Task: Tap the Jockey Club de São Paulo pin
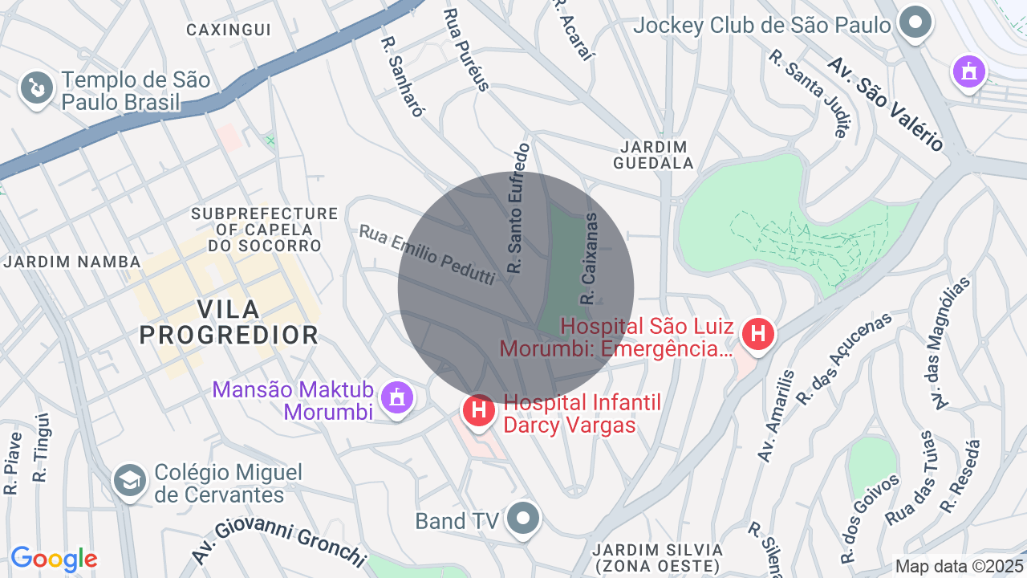(915, 24)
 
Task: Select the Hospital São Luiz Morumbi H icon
(757, 334)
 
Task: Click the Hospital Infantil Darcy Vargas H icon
(479, 411)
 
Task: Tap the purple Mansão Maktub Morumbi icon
(396, 397)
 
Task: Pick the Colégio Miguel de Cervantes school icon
(129, 481)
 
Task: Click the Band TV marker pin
(523, 518)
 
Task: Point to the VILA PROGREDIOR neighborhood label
(229, 322)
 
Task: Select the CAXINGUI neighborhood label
(229, 31)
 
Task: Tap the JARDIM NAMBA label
(72, 262)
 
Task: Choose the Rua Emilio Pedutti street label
(427, 254)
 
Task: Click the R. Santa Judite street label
(807, 93)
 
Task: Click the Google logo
(54, 559)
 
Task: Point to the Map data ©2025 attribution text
(960, 566)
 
